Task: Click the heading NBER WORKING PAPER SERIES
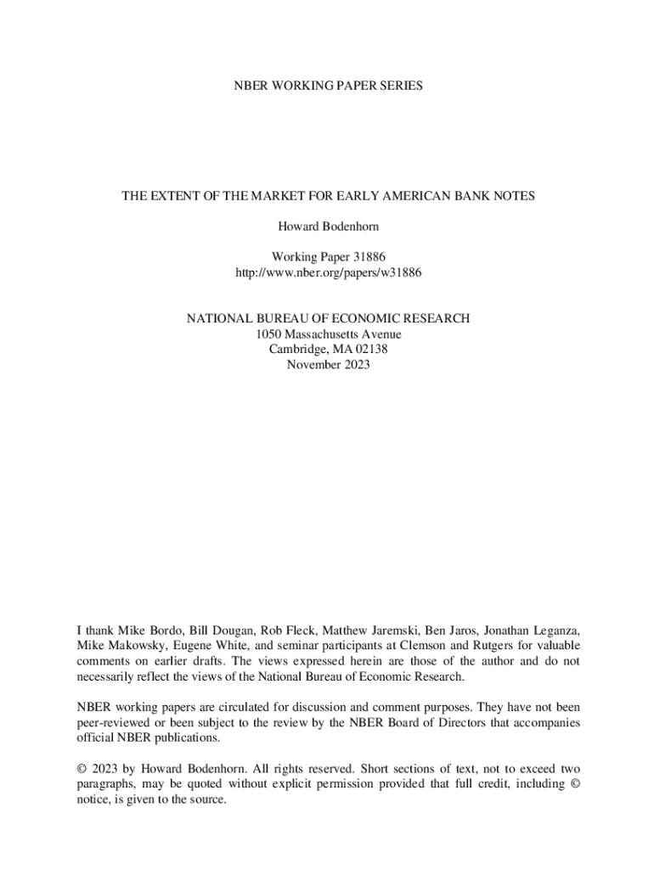[327, 87]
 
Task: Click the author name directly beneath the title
[327, 227]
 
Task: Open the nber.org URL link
[327, 272]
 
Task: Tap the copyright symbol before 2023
[82, 769]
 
